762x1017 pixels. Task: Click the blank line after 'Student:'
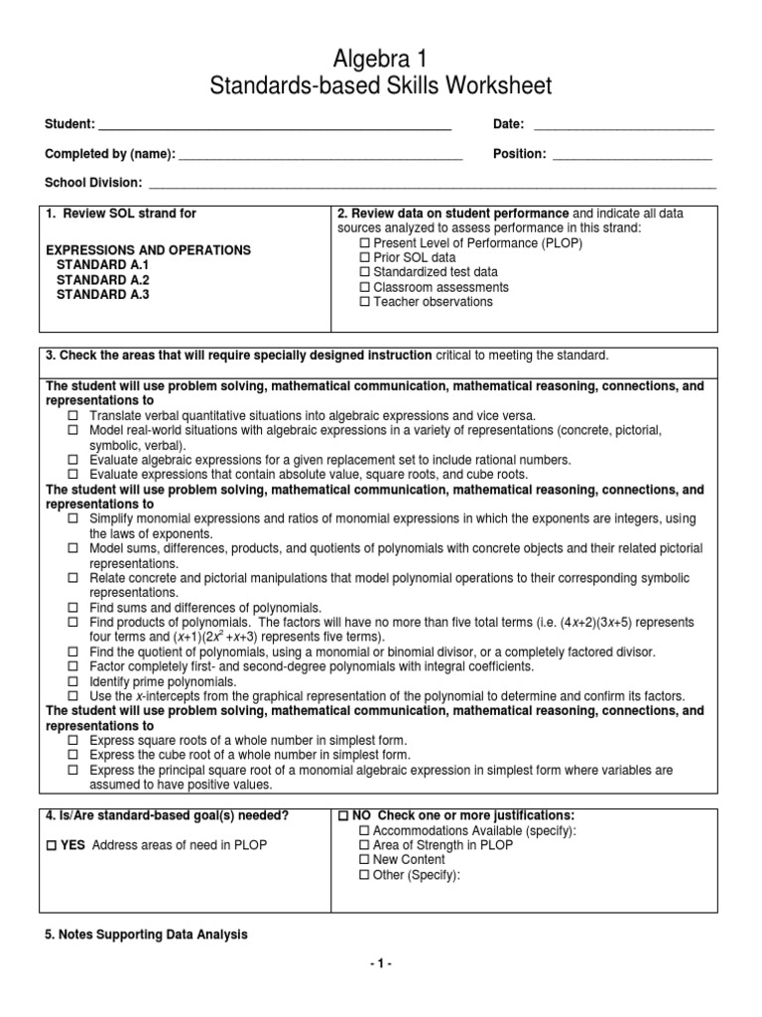pos(275,126)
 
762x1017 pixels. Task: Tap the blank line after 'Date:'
pos(624,126)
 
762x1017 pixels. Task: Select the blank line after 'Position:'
pos(632,155)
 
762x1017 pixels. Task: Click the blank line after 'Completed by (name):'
pos(320,155)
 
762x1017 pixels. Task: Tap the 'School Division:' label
pos(93,184)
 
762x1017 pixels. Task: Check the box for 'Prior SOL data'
pos(363,257)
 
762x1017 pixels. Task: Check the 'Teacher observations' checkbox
pos(363,302)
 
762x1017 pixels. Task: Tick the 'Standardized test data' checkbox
pos(363,272)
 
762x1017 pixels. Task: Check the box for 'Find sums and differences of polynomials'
pos(73,607)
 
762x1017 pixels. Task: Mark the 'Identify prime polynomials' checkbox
pos(73,681)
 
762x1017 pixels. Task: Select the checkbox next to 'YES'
pos(52,845)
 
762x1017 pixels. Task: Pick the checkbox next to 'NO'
pos(344,815)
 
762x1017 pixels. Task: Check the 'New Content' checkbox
pos(363,860)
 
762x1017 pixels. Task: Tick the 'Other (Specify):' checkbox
pos(363,875)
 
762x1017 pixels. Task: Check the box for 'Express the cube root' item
pos(73,755)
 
